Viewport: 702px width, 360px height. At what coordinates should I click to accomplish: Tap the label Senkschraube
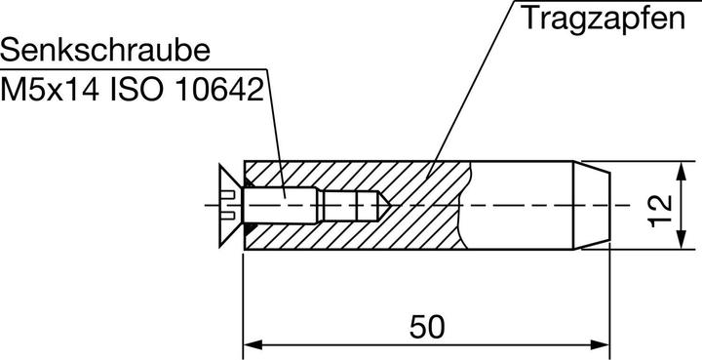(105, 50)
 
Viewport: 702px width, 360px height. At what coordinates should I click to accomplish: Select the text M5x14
(50, 90)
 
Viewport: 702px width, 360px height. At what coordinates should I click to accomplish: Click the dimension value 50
(427, 327)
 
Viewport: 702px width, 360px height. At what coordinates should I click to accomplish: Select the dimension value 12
(661, 211)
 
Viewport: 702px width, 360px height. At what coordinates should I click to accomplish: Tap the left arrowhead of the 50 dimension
(253, 345)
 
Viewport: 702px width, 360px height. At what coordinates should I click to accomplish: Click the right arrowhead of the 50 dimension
(600, 345)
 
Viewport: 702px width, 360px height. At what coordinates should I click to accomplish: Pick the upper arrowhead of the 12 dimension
(681, 171)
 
